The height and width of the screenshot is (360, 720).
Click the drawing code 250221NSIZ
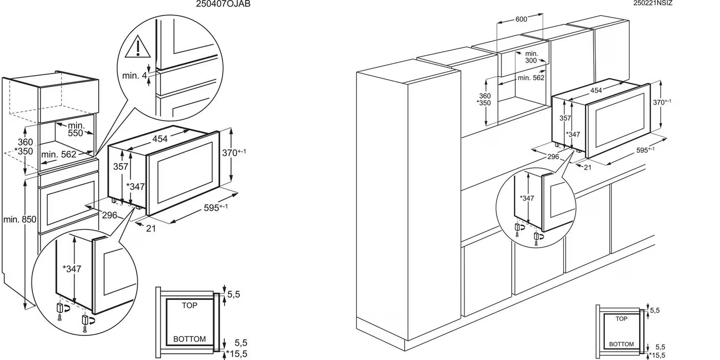(653, 3)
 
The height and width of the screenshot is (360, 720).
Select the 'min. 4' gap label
(134, 76)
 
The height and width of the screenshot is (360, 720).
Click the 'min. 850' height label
(19, 220)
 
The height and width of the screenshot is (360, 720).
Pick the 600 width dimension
(521, 19)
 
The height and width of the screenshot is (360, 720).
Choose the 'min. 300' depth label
(531, 57)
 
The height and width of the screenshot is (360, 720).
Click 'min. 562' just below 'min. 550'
(59, 154)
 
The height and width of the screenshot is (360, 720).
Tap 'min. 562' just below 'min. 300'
(530, 78)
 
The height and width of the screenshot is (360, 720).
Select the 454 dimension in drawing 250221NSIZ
(596, 91)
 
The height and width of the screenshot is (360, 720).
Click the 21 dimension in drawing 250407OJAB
(150, 229)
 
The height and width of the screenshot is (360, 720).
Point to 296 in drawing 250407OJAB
(109, 215)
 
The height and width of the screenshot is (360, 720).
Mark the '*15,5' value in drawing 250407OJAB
(237, 354)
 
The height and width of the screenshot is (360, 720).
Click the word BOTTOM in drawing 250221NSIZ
(621, 344)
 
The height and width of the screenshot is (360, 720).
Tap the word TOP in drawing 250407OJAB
(189, 305)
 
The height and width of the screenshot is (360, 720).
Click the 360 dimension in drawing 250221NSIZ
(484, 96)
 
